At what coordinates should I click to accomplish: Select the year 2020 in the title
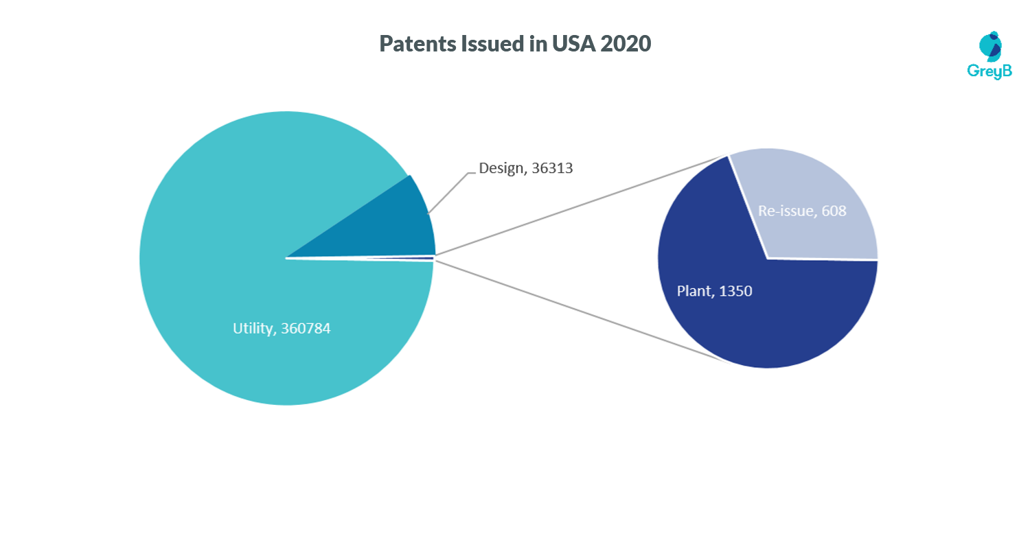point(625,45)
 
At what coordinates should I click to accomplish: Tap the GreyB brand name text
point(989,71)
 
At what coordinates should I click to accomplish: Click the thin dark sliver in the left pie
point(412,258)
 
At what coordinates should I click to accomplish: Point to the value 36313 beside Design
point(552,168)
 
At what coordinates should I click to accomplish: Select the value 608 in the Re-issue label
point(834,211)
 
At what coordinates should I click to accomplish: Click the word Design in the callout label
point(501,168)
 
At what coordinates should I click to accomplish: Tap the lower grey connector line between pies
point(584,309)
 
